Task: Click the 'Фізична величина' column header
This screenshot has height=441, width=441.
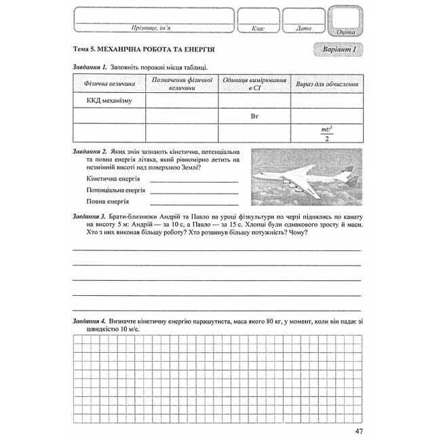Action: click(110, 83)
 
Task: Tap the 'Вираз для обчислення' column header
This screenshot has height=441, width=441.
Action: click(328, 83)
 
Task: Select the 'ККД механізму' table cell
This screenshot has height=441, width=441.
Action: click(109, 100)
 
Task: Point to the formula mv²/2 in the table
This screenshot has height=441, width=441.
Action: click(328, 133)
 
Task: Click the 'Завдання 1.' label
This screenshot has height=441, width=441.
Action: click(90, 66)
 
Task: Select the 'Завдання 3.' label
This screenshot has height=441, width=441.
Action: click(90, 214)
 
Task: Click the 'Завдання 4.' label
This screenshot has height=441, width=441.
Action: click(90, 320)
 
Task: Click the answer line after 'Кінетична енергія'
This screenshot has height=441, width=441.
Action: click(194, 181)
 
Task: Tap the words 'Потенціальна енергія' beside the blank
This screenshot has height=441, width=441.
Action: click(117, 191)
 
